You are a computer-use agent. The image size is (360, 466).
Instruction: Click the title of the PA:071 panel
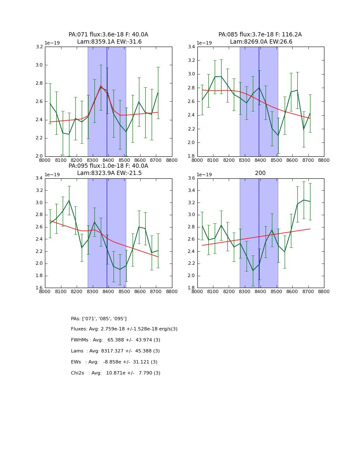[x=108, y=38]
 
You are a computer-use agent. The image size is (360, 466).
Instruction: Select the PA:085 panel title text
[x=260, y=38]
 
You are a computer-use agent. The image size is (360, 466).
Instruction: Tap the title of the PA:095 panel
[x=108, y=169]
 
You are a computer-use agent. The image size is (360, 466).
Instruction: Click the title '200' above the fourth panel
[x=260, y=173]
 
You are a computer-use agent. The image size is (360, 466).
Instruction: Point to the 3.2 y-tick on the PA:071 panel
[x=39, y=47]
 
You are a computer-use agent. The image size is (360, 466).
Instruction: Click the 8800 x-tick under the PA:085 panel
[x=324, y=161]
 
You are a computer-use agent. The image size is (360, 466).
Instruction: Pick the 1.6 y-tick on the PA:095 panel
[x=39, y=288]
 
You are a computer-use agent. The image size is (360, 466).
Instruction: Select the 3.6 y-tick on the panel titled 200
[x=191, y=178]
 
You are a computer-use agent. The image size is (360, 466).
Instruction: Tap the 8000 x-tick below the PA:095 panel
[x=45, y=292]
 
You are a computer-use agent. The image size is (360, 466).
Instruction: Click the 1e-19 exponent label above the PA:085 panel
[x=205, y=43]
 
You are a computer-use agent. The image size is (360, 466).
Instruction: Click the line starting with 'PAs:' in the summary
[x=99, y=319]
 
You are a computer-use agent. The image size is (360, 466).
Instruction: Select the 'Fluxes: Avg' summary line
[x=124, y=329]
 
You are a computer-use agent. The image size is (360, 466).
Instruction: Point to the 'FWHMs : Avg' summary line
[x=116, y=340]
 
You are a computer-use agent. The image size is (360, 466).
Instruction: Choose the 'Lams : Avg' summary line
[x=115, y=351]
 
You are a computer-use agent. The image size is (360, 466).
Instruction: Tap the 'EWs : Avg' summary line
[x=114, y=362]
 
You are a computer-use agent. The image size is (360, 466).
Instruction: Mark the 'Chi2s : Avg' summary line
[x=116, y=373]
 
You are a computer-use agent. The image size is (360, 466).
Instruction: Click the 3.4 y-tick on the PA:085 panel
[x=191, y=47]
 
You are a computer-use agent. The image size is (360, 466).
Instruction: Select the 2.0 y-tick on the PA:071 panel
[x=39, y=156]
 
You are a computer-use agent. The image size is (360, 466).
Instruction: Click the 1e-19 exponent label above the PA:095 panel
[x=53, y=175]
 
